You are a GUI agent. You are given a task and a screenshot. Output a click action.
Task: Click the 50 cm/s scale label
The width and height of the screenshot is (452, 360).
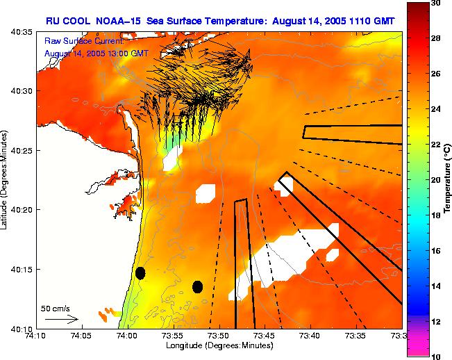click(x=56, y=308)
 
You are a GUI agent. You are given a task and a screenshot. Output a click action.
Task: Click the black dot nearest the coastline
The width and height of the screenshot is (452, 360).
click(x=140, y=272)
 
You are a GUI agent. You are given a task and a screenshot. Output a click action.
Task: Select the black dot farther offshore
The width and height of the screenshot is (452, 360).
click(x=197, y=286)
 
